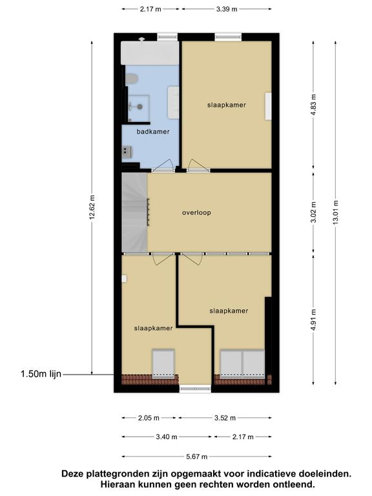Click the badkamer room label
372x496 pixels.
tap(153, 132)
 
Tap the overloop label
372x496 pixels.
tap(196, 212)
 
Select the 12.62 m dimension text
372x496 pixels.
tap(92, 207)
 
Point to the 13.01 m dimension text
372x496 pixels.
tap(335, 212)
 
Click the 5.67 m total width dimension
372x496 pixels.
tap(196, 457)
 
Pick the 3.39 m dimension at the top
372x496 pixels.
tap(227, 9)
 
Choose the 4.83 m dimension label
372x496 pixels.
tap(313, 105)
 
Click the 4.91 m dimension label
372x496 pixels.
tap(313, 320)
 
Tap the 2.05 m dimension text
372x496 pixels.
tap(149, 418)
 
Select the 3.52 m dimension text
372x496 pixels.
tap(225, 418)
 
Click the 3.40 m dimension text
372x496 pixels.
tap(167, 437)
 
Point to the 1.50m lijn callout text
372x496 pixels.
tap(41, 374)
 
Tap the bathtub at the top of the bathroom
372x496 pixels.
tap(150, 53)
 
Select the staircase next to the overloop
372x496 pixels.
tap(135, 212)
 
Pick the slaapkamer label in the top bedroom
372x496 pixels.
tap(227, 105)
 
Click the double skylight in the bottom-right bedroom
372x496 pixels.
tap(242, 364)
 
